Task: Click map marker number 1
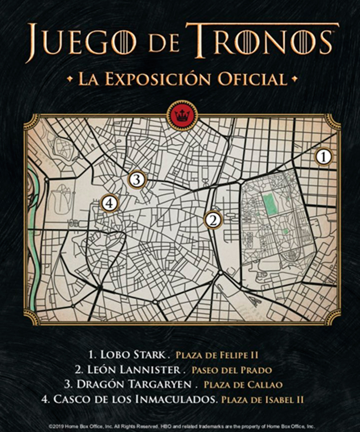324,157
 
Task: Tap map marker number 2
214,219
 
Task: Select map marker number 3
137,179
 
